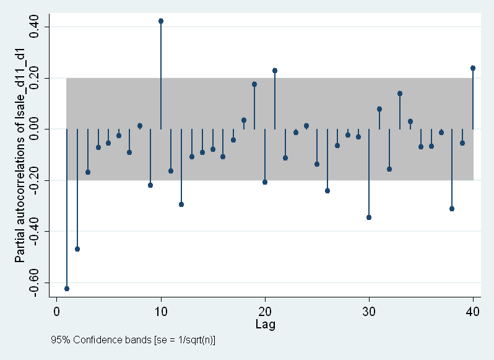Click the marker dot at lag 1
tap(67, 289)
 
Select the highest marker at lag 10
tap(161, 21)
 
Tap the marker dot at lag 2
tap(77, 249)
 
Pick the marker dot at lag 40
tap(473, 68)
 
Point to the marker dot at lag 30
tap(369, 217)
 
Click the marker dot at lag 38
tap(452, 209)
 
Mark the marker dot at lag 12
tap(181, 204)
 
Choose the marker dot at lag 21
tap(275, 71)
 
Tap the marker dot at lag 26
tap(327, 191)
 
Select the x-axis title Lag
tap(265, 324)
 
